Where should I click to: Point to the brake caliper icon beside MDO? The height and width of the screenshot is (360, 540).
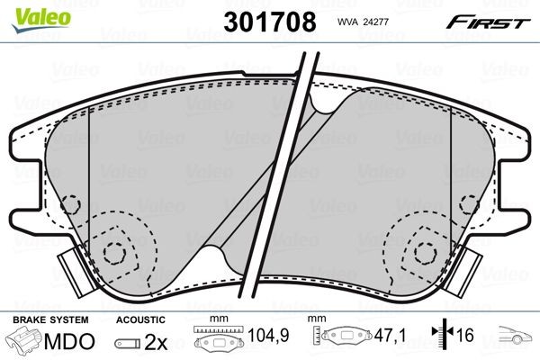point(25,343)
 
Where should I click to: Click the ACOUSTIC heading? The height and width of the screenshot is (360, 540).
point(140,320)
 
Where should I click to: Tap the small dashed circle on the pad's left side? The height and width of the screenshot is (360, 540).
point(76,203)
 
